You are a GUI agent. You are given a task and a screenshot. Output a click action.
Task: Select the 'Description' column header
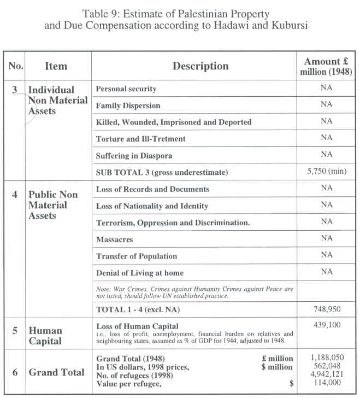[200, 66]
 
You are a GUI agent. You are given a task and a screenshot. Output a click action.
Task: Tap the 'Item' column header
[56, 66]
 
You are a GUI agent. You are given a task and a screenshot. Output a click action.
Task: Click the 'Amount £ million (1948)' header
[327, 66]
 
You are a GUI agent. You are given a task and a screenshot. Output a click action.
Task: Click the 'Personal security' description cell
[126, 89]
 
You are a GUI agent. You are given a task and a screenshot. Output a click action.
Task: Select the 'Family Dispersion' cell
[128, 105]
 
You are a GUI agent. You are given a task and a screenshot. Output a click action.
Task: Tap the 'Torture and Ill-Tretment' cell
[141, 139]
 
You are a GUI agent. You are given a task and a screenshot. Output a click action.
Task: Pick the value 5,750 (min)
[327, 172]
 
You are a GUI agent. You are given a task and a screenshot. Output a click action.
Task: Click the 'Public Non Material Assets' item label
[53, 204]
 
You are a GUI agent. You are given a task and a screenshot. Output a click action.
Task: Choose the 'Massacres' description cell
[115, 239]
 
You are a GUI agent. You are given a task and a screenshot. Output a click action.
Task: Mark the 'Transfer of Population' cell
[137, 256]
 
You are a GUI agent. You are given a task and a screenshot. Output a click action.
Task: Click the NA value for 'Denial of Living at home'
[327, 272]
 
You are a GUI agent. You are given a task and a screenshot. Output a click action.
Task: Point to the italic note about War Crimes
[193, 292]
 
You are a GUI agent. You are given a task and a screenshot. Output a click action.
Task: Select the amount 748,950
[327, 309]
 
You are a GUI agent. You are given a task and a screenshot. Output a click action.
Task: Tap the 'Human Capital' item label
[45, 336]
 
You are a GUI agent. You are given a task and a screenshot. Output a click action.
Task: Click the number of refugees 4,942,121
[327, 376]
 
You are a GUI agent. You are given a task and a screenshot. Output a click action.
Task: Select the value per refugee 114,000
[327, 384]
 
